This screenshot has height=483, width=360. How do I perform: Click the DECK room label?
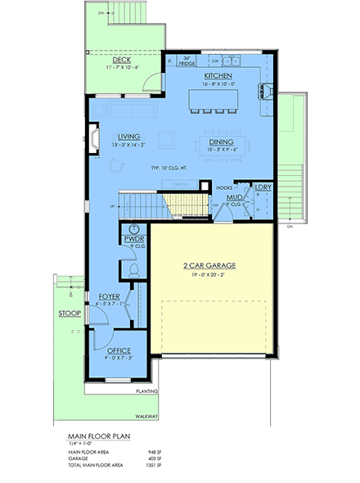[x=122, y=60]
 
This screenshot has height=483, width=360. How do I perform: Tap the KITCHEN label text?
[x=207, y=75]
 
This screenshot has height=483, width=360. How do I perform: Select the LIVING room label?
[x=128, y=137]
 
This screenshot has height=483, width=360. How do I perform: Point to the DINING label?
[x=209, y=141]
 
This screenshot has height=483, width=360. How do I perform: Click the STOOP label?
[x=68, y=313]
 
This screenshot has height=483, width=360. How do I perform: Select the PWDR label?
[x=133, y=238]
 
